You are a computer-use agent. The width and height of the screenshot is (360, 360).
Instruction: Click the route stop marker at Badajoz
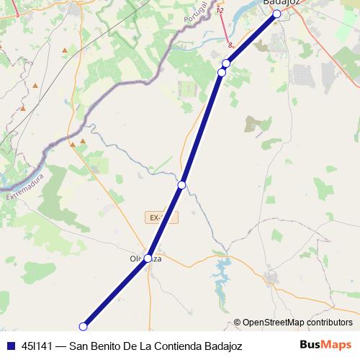pyautogui.click(x=276, y=14)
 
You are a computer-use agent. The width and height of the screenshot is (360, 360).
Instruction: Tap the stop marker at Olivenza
pyautogui.click(x=148, y=258)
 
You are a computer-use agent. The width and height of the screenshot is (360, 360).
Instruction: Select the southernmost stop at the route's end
pyautogui.click(x=83, y=326)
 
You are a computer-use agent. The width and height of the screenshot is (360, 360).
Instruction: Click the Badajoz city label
pyautogui.click(x=282, y=3)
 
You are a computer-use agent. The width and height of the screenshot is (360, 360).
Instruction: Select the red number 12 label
pyautogui.click(x=220, y=11)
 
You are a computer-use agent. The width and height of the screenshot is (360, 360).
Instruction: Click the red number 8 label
pyautogui.click(x=230, y=45)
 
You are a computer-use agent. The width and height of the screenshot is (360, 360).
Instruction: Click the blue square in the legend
pyautogui.click(x=9, y=346)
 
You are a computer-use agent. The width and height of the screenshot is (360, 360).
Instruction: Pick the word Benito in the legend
pyautogui.click(x=107, y=346)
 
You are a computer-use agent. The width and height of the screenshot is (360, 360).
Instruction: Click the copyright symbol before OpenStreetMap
pyautogui.click(x=237, y=323)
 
